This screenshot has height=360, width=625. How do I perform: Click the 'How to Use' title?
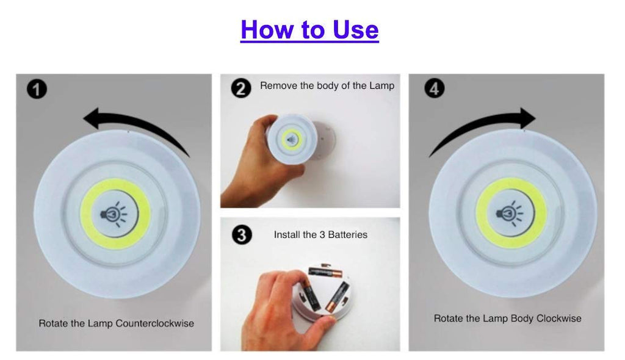309,29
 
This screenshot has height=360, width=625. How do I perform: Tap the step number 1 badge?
37,89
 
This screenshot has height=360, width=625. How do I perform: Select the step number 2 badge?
241,88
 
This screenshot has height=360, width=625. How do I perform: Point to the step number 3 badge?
242,234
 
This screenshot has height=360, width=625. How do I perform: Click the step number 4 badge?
434,88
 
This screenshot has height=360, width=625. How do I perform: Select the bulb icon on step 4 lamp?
510,214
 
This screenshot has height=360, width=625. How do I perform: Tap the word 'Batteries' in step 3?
347,234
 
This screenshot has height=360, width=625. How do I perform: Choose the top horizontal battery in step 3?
325,273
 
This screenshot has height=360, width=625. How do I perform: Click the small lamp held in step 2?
292,139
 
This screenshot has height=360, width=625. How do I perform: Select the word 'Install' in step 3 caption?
286,234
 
